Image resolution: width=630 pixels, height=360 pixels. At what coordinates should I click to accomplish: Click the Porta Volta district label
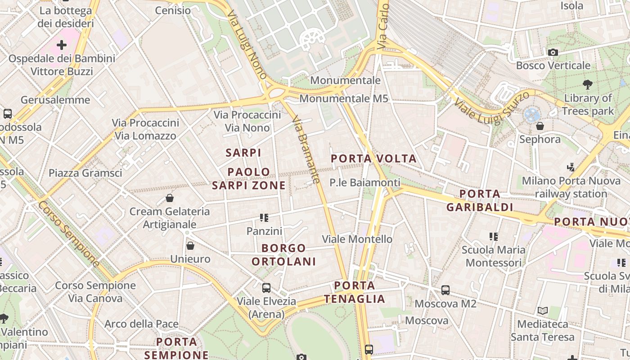click(x=373, y=159)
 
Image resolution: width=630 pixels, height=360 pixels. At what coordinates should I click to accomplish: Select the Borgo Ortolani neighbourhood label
click(x=283, y=255)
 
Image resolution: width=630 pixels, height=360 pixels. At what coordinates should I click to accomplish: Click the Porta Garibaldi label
click(x=480, y=200)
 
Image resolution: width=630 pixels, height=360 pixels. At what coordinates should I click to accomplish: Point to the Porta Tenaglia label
click(x=355, y=292)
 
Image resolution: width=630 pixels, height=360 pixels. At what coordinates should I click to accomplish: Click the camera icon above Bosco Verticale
click(x=553, y=53)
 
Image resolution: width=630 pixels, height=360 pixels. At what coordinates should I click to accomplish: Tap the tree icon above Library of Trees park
click(x=587, y=84)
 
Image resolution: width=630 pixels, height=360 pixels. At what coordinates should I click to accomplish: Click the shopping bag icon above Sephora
click(x=540, y=126)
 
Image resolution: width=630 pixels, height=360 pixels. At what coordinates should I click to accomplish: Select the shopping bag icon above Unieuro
click(x=190, y=246)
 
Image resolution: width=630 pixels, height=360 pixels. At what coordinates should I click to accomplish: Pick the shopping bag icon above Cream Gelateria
click(x=170, y=198)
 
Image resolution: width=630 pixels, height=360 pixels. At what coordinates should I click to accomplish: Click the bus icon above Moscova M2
click(x=445, y=290)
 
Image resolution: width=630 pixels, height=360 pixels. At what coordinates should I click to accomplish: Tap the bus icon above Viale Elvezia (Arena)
click(x=266, y=288)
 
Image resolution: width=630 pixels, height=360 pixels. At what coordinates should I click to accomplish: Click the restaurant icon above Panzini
click(x=264, y=218)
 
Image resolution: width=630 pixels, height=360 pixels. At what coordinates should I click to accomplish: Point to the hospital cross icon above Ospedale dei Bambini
click(x=62, y=45)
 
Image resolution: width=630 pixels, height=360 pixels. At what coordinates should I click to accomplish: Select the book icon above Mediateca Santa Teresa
click(x=542, y=310)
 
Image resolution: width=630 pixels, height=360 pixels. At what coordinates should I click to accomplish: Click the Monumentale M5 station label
click(x=343, y=99)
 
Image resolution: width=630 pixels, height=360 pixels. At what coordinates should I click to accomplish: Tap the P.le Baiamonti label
click(x=364, y=183)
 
